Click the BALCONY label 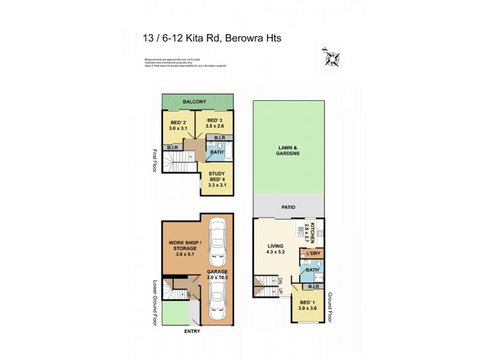coord(196,101)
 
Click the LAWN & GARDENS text coord(289,151)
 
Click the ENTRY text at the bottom coord(192,331)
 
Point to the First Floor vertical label coord(155,160)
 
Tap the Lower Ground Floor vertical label coord(155,303)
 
